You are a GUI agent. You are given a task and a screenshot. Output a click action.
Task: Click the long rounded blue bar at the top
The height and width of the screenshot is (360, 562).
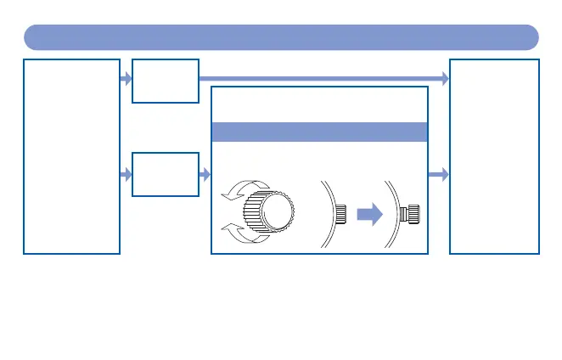pyautogui.click(x=281, y=37)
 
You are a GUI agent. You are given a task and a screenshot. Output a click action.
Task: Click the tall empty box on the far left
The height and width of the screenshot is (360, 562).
pyautogui.click(x=72, y=156)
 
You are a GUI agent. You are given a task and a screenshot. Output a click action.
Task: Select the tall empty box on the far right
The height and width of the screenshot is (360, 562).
pyautogui.click(x=494, y=156)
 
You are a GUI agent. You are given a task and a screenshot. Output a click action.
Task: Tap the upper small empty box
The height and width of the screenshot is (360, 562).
pyautogui.click(x=166, y=81)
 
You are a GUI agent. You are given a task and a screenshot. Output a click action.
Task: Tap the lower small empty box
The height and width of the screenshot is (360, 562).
pyautogui.click(x=166, y=175)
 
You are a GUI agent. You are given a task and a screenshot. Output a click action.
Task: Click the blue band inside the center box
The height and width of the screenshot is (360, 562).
pyautogui.click(x=318, y=132)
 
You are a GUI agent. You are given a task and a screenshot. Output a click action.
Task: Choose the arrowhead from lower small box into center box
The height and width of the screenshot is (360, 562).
pyautogui.click(x=205, y=175)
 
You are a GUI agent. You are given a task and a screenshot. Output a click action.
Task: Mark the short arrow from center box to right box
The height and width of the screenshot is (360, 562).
pyautogui.click(x=438, y=175)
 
